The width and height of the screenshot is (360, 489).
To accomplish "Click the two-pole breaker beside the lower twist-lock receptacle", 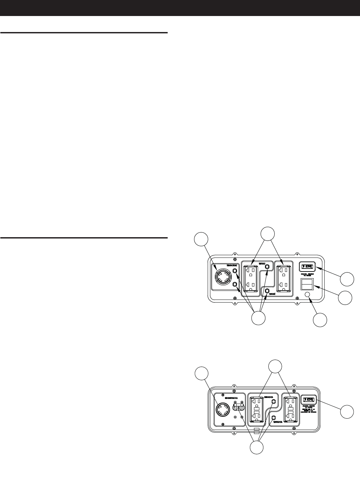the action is pos(239,408).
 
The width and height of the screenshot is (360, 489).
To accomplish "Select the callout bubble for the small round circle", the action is pos(320,320).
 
